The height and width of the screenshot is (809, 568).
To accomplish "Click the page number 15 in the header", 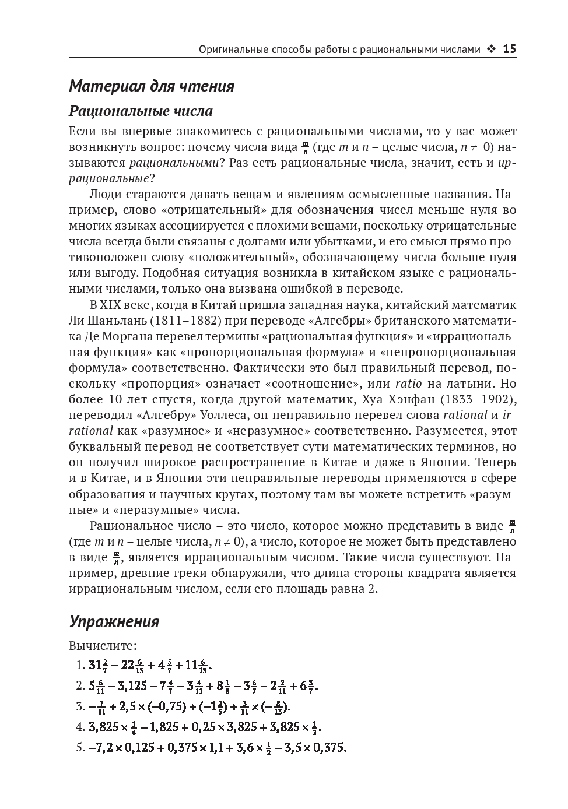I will [x=509, y=50].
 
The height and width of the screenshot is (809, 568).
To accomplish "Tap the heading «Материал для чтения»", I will [x=152, y=86].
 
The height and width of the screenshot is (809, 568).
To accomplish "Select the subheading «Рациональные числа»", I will [x=141, y=111].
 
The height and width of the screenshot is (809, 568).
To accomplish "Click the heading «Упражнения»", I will [x=114, y=621].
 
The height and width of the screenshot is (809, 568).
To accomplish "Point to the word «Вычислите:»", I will [x=103, y=646].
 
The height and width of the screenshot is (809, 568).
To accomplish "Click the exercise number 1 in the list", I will [x=80, y=666].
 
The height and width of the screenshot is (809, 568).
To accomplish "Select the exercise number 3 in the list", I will [x=80, y=707].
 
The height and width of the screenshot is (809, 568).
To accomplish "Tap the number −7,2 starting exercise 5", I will [x=104, y=748].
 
